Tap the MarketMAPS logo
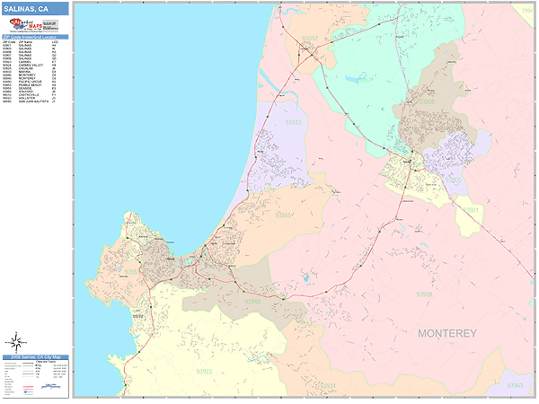(26, 24)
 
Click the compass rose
(16, 341)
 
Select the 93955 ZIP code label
(284, 215)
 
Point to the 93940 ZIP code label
(254, 301)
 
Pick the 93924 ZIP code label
(330, 386)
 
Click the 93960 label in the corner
(515, 384)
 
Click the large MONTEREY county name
(447, 333)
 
